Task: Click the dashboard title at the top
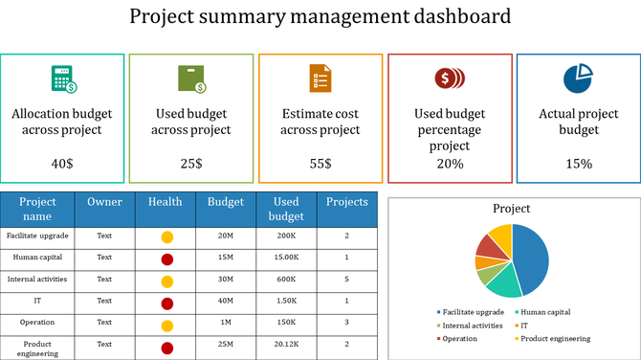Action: [x=320, y=16]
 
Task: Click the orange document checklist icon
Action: [x=320, y=79]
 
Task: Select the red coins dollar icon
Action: [x=449, y=79]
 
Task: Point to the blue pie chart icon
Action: [x=578, y=79]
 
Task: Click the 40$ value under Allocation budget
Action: [x=62, y=164]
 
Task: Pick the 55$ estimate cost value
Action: [x=320, y=164]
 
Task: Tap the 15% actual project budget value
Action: [x=578, y=164]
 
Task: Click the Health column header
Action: [x=165, y=202]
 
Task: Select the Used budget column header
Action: [x=287, y=210]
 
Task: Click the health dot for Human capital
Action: [x=166, y=259]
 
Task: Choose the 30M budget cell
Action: [x=226, y=280]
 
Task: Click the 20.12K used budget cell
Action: [x=287, y=344]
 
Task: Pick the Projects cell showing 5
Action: [x=346, y=280]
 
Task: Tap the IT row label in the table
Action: [x=38, y=301]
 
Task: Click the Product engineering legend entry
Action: [x=555, y=338]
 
